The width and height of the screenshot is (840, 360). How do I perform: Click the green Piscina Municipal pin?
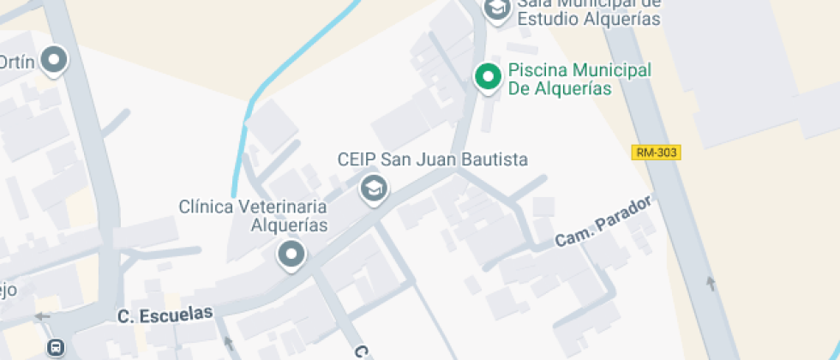[x=489, y=77]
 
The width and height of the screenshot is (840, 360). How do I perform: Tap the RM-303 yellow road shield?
[x=656, y=153]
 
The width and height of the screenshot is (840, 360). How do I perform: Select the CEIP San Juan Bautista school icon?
[x=373, y=187]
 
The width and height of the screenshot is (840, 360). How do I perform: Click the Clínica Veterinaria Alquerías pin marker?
[x=291, y=254]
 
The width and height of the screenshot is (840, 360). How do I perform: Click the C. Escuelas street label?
[x=165, y=315]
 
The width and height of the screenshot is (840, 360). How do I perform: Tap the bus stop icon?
[x=55, y=348]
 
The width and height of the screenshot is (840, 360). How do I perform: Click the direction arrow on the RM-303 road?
[x=710, y=283]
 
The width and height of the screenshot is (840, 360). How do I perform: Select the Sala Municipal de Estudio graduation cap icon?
[x=496, y=9]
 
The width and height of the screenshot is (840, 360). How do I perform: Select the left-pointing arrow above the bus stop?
[x=41, y=316]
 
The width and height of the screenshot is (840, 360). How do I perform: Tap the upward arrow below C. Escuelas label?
[x=228, y=344]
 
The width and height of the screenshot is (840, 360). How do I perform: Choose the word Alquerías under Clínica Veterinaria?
[x=289, y=226]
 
